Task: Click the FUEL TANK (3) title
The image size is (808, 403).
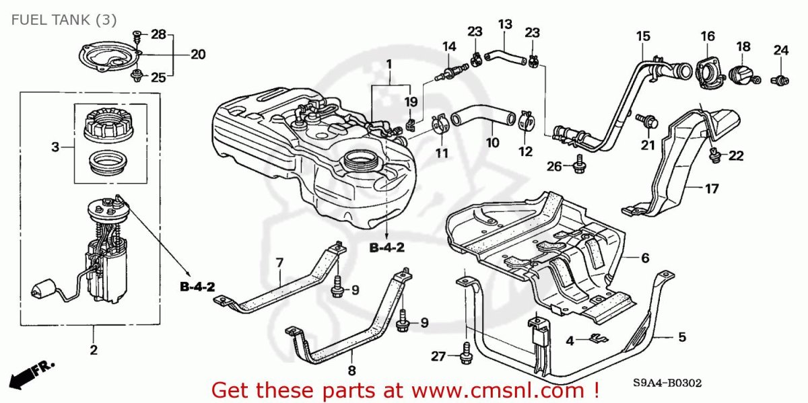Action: [x=64, y=20]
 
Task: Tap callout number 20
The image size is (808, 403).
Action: [x=198, y=54]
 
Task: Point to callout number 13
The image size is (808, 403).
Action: [x=505, y=24]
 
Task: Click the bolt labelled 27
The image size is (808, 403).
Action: [x=466, y=354]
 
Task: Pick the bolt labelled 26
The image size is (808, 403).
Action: [x=579, y=164]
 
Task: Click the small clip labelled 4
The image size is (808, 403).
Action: [x=599, y=338]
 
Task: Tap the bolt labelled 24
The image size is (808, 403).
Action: [x=780, y=80]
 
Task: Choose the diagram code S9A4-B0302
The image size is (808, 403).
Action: [x=667, y=382]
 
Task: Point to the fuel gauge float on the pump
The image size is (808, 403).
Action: [x=42, y=289]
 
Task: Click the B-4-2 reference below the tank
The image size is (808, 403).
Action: [x=386, y=248]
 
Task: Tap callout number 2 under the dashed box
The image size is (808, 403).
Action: [x=94, y=350]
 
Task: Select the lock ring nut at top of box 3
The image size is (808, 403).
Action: [x=108, y=125]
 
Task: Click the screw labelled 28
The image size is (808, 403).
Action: [x=137, y=36]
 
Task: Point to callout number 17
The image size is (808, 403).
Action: [x=712, y=188]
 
